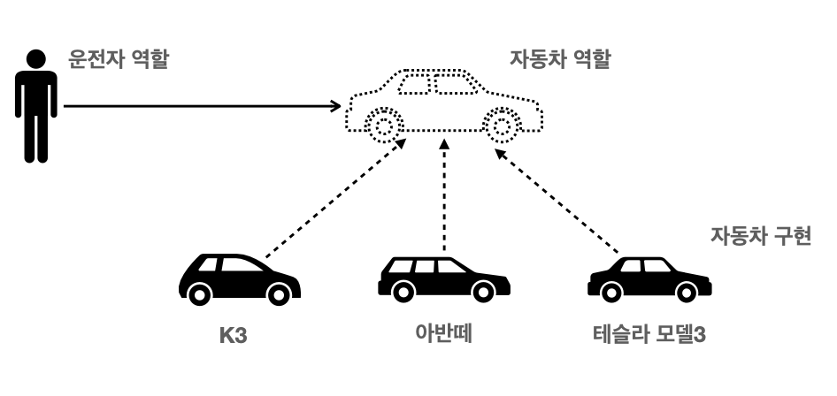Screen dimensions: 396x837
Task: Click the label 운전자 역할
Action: tap(118, 61)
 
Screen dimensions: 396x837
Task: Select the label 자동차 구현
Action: tap(760, 238)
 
